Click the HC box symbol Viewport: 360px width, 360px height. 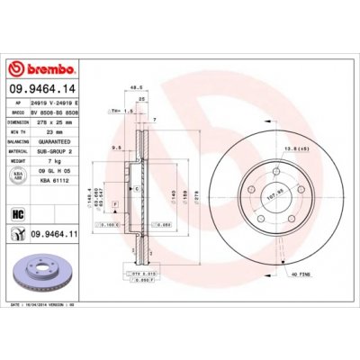click(18, 212)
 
